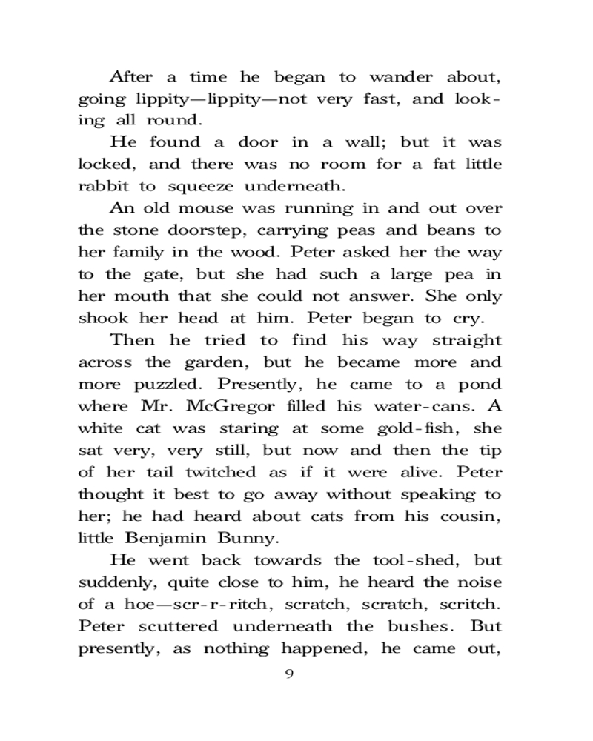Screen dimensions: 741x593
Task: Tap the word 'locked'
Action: (x=105, y=165)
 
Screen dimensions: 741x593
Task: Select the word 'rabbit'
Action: (x=101, y=187)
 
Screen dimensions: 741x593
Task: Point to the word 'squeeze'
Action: (x=191, y=187)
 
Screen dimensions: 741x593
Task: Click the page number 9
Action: (x=290, y=674)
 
